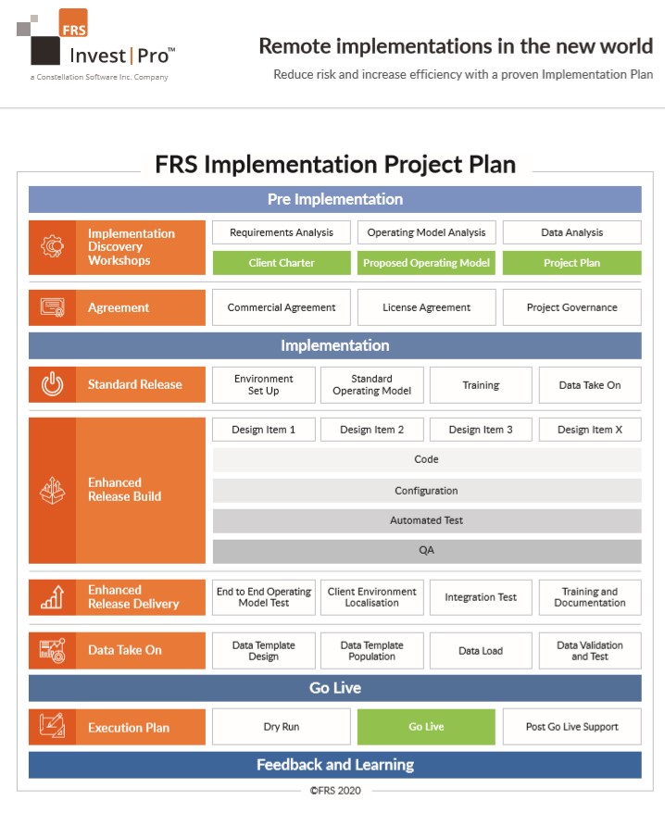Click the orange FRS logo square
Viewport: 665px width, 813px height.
pos(73,23)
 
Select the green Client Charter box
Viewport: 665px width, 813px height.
pos(282,263)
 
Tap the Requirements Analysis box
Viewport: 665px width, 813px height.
pos(282,232)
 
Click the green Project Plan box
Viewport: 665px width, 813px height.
pos(571,263)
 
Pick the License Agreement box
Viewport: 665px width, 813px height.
pos(426,307)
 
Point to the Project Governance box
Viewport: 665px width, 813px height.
pos(571,307)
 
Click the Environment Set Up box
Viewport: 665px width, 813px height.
pos(264,384)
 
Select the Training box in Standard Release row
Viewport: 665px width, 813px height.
pos(481,384)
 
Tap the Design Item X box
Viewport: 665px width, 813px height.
pos(590,430)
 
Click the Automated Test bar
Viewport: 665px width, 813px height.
pos(426,520)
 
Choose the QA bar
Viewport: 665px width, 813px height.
pos(426,551)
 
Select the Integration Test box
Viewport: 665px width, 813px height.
pos(481,597)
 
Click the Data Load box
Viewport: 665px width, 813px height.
pos(481,651)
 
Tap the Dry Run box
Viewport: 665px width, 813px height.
pos(282,727)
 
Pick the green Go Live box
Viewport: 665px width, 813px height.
pos(426,727)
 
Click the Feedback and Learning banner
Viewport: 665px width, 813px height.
pos(335,765)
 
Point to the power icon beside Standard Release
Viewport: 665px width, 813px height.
pos(53,384)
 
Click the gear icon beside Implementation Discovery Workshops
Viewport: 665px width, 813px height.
pos(53,246)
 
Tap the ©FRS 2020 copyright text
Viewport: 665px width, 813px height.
pos(335,791)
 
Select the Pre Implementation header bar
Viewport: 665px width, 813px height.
pos(335,200)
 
